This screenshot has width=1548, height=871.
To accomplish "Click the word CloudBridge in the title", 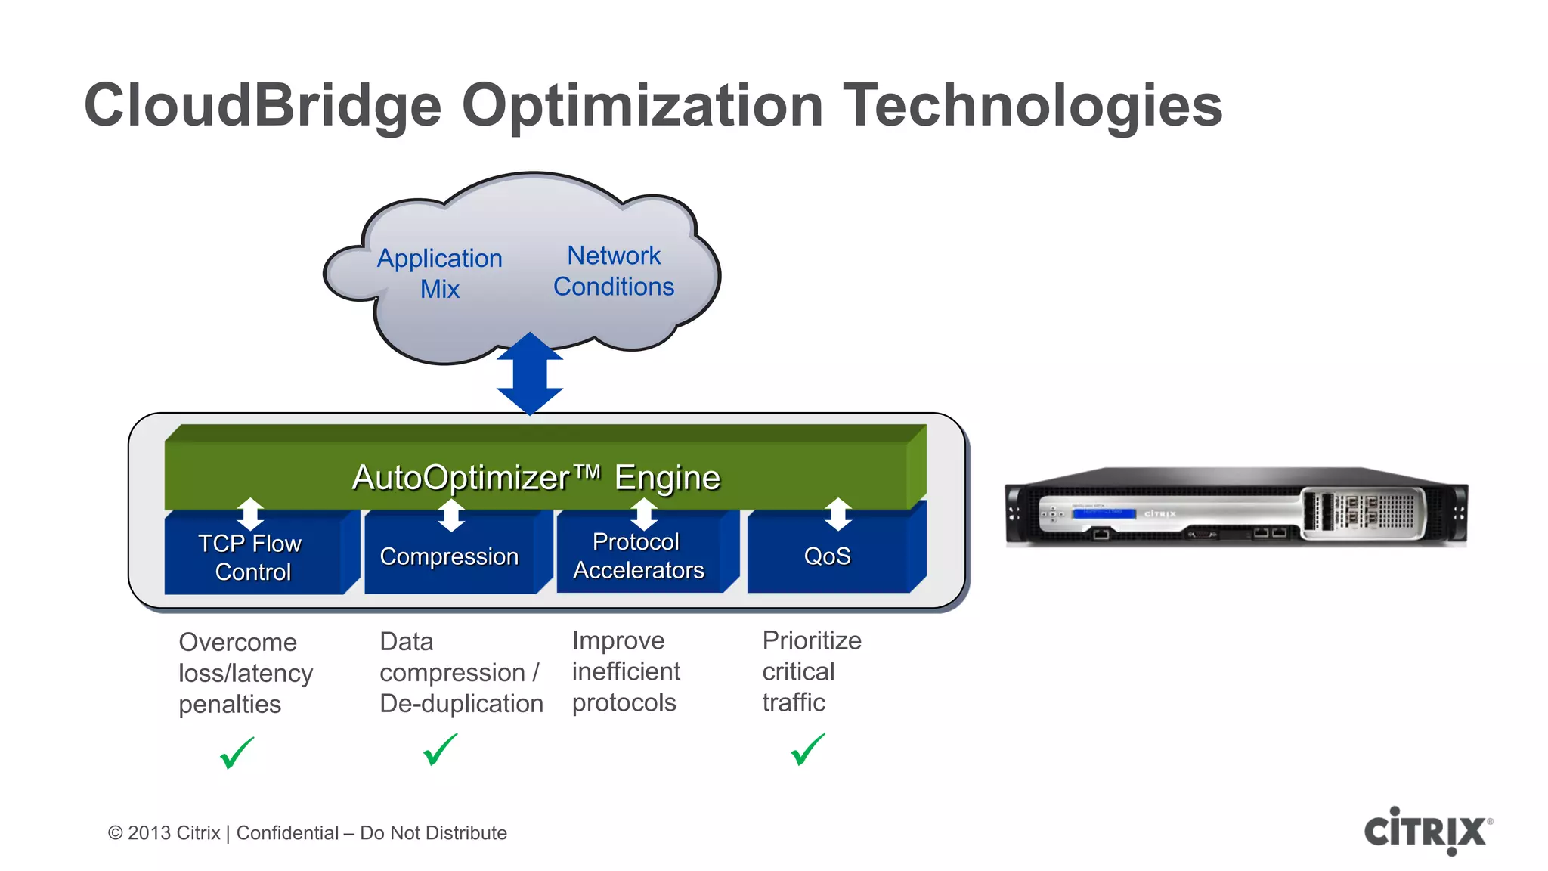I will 262,106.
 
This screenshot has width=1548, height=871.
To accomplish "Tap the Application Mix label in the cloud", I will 440,273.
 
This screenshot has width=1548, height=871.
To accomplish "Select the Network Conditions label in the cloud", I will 614,271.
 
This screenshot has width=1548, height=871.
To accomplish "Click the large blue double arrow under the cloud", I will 530,374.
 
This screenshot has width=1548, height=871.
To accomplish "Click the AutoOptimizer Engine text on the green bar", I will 536,477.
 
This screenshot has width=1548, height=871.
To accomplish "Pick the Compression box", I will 449,556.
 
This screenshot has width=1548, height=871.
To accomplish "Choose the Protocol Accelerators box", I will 638,556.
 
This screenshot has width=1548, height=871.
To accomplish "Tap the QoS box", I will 827,556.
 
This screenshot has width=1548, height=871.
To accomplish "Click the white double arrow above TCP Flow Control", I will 250,514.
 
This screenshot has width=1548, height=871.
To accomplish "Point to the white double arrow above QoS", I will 838,514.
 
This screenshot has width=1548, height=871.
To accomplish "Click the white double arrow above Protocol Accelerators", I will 644,514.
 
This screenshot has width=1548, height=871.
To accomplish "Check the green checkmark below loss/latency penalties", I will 237,753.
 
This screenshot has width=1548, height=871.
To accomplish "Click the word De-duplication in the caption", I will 461,704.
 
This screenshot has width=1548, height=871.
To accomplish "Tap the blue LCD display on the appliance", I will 1104,513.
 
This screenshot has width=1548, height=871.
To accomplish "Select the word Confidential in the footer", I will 287,833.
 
